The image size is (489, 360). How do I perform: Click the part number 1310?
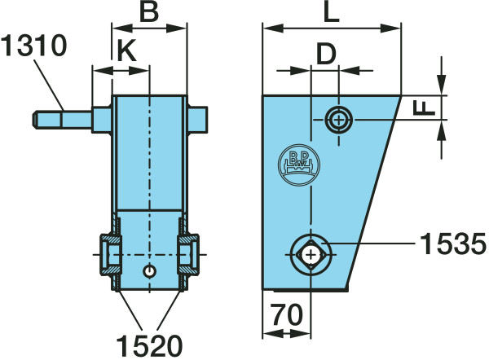click(33, 46)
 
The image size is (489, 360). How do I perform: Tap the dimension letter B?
click(149, 12)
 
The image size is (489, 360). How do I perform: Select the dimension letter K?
click(126, 50)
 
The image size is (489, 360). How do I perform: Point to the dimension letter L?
click(331, 12)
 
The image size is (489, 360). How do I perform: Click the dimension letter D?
click(326, 53)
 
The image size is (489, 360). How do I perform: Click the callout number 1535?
click(453, 244)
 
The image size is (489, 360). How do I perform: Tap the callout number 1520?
click(149, 345)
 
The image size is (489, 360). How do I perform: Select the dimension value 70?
click(286, 314)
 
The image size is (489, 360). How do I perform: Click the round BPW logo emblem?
click(299, 165)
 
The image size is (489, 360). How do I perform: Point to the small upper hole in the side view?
click(339, 120)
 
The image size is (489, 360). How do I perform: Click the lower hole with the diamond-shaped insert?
click(311, 255)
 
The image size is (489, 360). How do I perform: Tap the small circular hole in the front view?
click(150, 271)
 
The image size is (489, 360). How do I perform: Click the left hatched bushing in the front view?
click(110, 255)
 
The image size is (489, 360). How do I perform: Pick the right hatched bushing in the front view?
click(188, 255)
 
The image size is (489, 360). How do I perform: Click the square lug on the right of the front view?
click(198, 120)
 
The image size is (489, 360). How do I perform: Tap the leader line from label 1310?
click(49, 85)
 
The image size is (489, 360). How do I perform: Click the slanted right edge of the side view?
click(373, 192)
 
